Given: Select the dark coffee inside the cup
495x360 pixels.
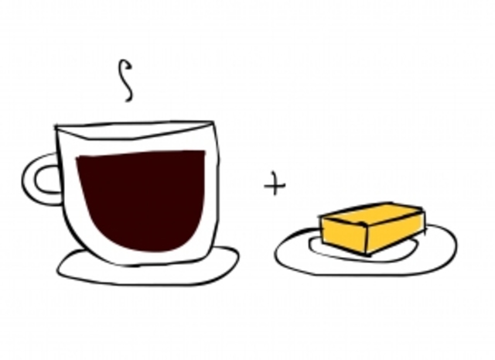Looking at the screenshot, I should (143, 201).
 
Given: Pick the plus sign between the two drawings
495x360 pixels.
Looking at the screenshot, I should (275, 186).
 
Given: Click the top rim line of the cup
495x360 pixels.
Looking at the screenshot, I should (135, 124).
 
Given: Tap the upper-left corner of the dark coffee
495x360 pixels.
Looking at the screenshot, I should (78, 159).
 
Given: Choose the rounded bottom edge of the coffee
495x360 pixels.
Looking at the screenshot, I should (143, 249).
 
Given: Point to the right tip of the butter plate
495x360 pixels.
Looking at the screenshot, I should (456, 246).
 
